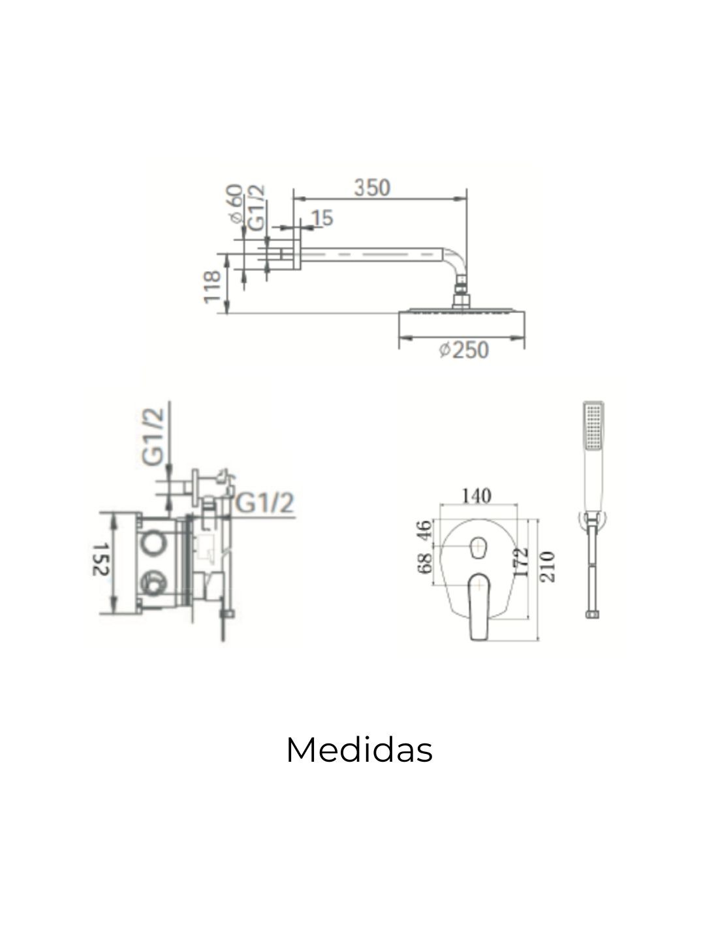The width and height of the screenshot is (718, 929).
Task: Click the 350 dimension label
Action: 371,188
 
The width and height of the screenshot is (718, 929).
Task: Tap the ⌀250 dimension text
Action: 463,350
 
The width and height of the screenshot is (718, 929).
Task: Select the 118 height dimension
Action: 213,287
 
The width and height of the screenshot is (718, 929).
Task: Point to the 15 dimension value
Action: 322,218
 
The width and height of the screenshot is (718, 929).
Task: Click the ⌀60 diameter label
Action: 236,203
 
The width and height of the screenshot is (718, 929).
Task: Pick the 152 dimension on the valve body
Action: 102,560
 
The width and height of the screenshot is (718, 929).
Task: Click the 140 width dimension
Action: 476,496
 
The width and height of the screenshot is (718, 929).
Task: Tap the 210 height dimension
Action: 548,567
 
